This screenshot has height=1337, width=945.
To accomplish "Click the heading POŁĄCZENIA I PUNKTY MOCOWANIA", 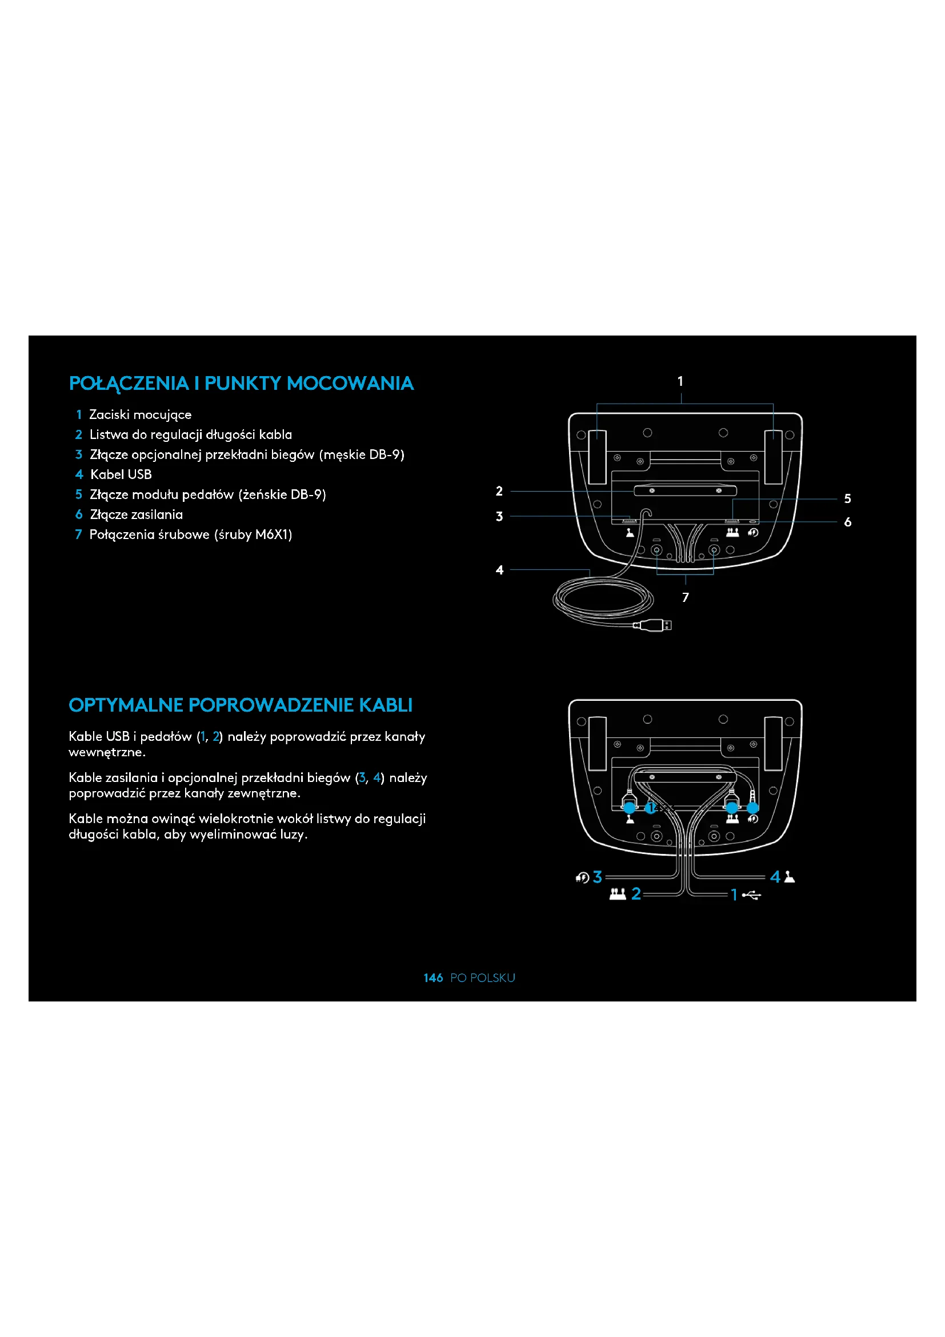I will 241,383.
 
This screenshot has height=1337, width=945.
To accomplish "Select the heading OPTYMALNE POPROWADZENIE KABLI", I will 241,705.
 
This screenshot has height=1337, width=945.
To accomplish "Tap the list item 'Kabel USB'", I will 121,474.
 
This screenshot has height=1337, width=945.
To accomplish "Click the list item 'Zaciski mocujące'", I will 139,414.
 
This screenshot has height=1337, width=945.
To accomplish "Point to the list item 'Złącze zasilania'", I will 135,515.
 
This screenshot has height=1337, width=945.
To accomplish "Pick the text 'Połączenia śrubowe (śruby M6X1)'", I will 190,534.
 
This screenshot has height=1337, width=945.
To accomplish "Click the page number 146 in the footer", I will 433,977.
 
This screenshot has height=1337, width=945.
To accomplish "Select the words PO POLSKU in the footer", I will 482,977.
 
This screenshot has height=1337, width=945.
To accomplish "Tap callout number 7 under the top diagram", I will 686,597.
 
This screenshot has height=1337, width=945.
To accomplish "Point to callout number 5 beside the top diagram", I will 847,498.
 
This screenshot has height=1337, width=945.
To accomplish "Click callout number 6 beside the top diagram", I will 847,522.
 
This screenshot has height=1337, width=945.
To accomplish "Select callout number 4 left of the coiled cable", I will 499,570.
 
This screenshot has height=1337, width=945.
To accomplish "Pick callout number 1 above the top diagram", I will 680,381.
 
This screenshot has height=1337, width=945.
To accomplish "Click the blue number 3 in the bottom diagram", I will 597,877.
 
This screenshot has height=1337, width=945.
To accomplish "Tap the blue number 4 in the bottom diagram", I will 775,877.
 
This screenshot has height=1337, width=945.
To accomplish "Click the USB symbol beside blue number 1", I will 752,895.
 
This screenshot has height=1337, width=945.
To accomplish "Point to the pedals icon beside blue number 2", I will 618,894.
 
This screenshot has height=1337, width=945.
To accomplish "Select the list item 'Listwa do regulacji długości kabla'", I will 190,435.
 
